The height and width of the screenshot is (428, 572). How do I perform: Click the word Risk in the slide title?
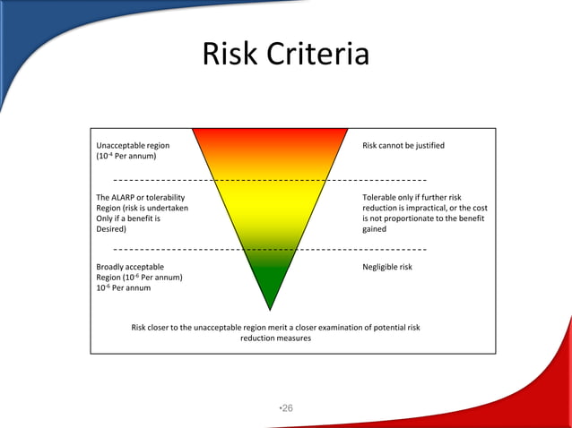pos(230,55)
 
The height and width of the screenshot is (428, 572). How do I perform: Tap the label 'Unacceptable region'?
pos(133,145)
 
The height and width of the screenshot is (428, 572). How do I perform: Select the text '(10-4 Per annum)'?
pos(126,156)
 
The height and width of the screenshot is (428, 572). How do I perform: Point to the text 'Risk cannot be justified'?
pos(403,145)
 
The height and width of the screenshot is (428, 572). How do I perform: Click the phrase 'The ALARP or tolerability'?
pos(141,197)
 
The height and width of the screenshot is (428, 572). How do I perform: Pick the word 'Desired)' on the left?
pos(111,229)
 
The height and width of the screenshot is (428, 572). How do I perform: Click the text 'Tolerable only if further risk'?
pos(412,197)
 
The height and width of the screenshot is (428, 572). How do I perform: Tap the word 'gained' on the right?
pos(374,229)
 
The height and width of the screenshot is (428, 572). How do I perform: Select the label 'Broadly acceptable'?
pos(130,267)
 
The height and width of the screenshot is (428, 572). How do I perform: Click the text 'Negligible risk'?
pos(386,267)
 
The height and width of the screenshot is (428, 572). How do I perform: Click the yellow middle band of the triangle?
pos(270,206)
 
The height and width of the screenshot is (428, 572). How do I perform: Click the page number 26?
pos(287,408)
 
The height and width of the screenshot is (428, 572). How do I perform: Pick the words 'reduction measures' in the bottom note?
pos(275,338)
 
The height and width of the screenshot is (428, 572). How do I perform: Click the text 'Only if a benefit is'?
pos(128,218)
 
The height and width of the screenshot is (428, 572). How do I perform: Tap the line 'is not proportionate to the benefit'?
pos(424,218)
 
